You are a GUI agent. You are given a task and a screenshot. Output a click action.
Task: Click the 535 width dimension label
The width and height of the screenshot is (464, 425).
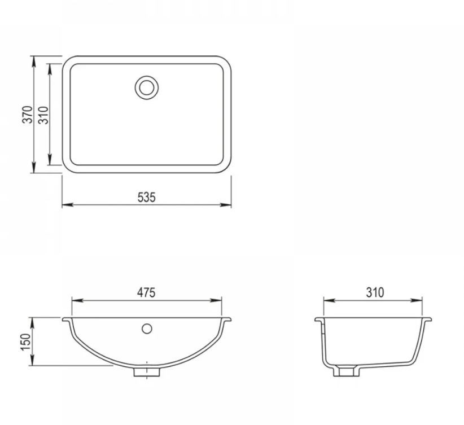pos(146,198)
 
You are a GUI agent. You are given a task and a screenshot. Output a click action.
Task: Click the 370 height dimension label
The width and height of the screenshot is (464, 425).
pos(28,114)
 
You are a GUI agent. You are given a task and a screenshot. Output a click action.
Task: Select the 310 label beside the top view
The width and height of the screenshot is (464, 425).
pos(43,115)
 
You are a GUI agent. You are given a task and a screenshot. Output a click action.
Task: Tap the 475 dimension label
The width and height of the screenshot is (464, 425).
pos(146,292)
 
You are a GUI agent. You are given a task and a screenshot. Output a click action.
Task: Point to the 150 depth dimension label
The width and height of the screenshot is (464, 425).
pos(25,342)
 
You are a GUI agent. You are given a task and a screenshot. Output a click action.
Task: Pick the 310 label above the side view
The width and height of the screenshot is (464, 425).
pos(375,292)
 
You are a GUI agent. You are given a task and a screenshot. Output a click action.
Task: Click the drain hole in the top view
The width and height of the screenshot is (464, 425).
pos(147,87)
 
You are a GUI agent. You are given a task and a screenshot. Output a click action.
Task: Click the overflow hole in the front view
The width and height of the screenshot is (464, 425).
pos(147,329)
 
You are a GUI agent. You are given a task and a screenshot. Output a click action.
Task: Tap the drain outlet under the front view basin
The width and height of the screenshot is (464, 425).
pos(147,372)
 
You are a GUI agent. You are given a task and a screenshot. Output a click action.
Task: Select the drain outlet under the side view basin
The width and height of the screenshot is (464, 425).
pos(347,372)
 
